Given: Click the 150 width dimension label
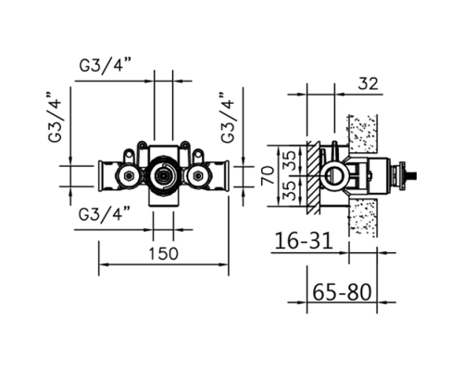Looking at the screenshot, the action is pos(164,253).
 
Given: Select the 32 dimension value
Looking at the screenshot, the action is pos(368,83).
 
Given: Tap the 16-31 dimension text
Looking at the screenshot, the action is pos(304,241).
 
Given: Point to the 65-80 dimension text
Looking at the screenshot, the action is pos(342,292).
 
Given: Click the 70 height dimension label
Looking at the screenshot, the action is pos(268,175).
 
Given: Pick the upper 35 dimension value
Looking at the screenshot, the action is pos(290,160).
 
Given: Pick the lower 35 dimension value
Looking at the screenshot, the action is pos(290,190).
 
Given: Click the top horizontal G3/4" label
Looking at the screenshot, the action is pos(106,65).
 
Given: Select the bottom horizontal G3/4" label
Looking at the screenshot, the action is pos(105,214).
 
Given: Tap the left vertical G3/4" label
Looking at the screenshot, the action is pos(56,117).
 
